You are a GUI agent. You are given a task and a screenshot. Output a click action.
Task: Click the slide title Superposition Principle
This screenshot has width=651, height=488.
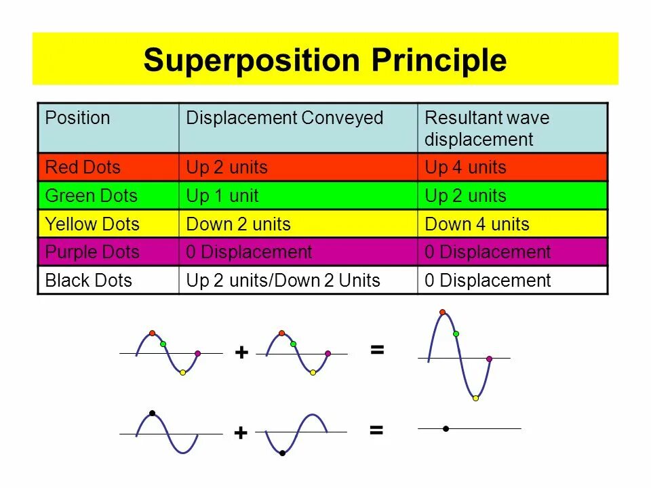pos(325,60)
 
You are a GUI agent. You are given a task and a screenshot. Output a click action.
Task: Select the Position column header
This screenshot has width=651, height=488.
pos(77,118)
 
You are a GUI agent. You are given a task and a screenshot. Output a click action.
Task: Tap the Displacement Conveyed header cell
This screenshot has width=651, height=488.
pos(285,118)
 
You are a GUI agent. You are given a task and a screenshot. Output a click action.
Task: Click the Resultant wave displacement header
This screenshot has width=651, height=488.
pos(487,129)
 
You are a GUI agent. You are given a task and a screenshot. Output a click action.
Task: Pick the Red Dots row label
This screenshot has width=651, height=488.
pos(82,167)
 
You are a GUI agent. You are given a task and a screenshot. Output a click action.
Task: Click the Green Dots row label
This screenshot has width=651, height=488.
pos(91,196)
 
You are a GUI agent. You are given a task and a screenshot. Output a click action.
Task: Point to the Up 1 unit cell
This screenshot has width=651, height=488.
pos(222,196)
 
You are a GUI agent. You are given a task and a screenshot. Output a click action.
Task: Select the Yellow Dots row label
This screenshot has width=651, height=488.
pos(92,224)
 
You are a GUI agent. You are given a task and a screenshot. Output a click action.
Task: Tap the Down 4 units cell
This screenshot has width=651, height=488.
pos(477,224)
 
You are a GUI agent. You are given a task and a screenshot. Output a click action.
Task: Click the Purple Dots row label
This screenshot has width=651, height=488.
pos(92,252)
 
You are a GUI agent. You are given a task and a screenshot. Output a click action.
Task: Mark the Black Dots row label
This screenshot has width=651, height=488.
pos(88,281)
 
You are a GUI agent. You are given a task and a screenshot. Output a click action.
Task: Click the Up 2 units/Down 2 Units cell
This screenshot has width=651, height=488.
pos(283,281)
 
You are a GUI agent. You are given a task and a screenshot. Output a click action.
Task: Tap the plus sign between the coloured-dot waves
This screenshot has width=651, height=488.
pos(241,352)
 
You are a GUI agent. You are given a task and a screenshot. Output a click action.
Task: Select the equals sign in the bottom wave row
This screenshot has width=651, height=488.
pos(376,430)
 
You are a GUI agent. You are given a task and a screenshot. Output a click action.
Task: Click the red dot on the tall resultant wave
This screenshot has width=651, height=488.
pos(443,312)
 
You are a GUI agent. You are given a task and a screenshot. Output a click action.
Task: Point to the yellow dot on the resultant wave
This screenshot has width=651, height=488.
pos(475,398)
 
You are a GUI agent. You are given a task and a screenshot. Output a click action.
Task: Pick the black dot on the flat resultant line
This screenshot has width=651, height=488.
pos(446,428)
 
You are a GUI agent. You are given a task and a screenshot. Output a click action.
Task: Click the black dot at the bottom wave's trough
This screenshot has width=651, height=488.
pos(282,453)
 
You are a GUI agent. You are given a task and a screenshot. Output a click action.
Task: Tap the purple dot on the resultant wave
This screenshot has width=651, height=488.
pos(489,359)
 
